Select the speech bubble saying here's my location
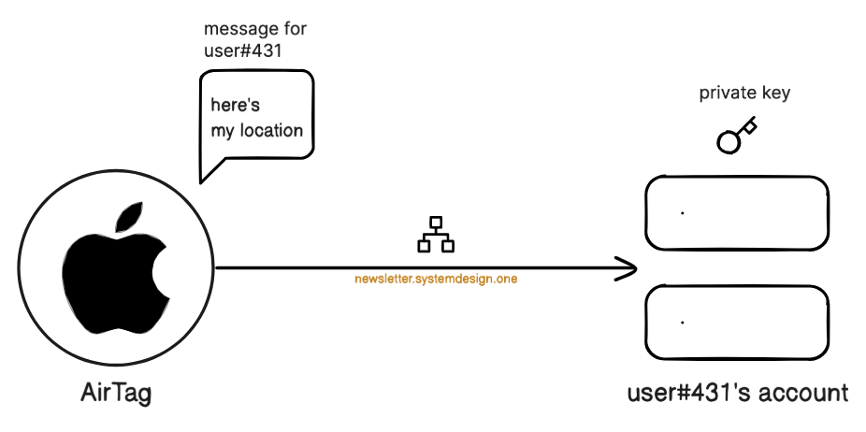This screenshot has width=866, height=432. click(257, 117)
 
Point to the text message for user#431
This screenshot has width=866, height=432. click(254, 39)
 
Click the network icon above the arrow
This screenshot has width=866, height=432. click(435, 236)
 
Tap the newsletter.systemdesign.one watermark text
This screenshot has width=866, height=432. click(436, 278)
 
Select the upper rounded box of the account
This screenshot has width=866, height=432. click(737, 213)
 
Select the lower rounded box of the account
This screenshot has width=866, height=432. click(737, 323)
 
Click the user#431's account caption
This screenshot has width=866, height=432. click(738, 393)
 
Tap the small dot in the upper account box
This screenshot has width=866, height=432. click(683, 213)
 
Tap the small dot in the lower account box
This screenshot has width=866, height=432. click(683, 323)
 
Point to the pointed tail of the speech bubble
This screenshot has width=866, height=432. click(205, 174)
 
